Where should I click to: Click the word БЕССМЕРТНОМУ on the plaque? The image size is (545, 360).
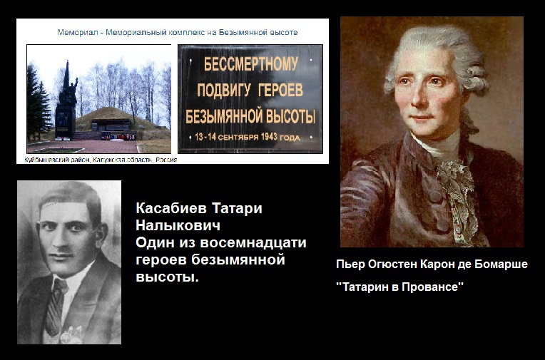[x=250, y=65]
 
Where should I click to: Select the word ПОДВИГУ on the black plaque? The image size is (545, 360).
[x=223, y=91]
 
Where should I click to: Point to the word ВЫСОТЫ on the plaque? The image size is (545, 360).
[x=290, y=116]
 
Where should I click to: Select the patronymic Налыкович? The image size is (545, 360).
[x=178, y=225]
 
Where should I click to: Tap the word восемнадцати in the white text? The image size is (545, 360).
[x=253, y=242]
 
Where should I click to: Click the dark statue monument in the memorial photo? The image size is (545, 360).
[x=66, y=101]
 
